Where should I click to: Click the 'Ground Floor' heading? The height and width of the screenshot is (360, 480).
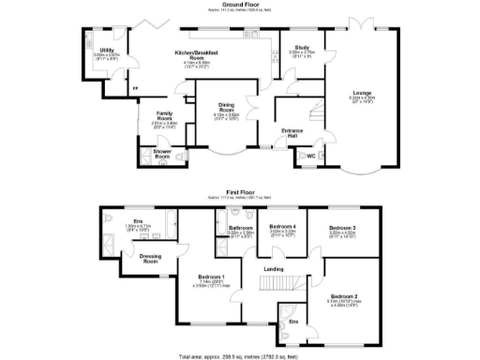(240, 5)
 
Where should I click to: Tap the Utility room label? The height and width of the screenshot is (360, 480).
(108, 50)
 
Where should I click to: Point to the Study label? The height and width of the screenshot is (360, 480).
(301, 46)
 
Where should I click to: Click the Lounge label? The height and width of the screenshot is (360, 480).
(361, 93)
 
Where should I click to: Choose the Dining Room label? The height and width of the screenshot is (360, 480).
(226, 107)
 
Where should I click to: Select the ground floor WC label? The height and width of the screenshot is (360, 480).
(310, 156)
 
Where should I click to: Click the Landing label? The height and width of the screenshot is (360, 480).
(274, 269)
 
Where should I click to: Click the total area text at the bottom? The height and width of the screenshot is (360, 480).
(240, 356)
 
